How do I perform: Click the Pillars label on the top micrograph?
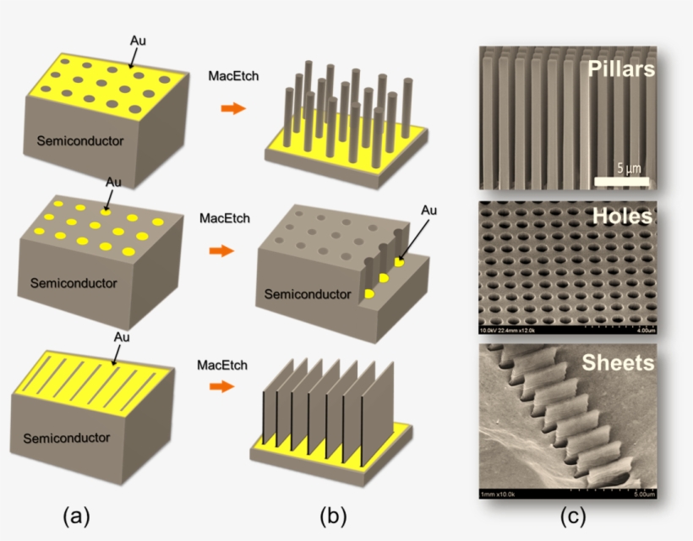click(621, 68)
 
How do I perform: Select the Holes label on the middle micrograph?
click(623, 217)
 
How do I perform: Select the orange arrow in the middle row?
click(221, 250)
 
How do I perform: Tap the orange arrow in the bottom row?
click(221, 386)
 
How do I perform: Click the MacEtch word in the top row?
click(232, 77)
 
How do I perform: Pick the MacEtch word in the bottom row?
click(222, 365)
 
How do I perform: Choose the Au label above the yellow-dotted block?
click(114, 182)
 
